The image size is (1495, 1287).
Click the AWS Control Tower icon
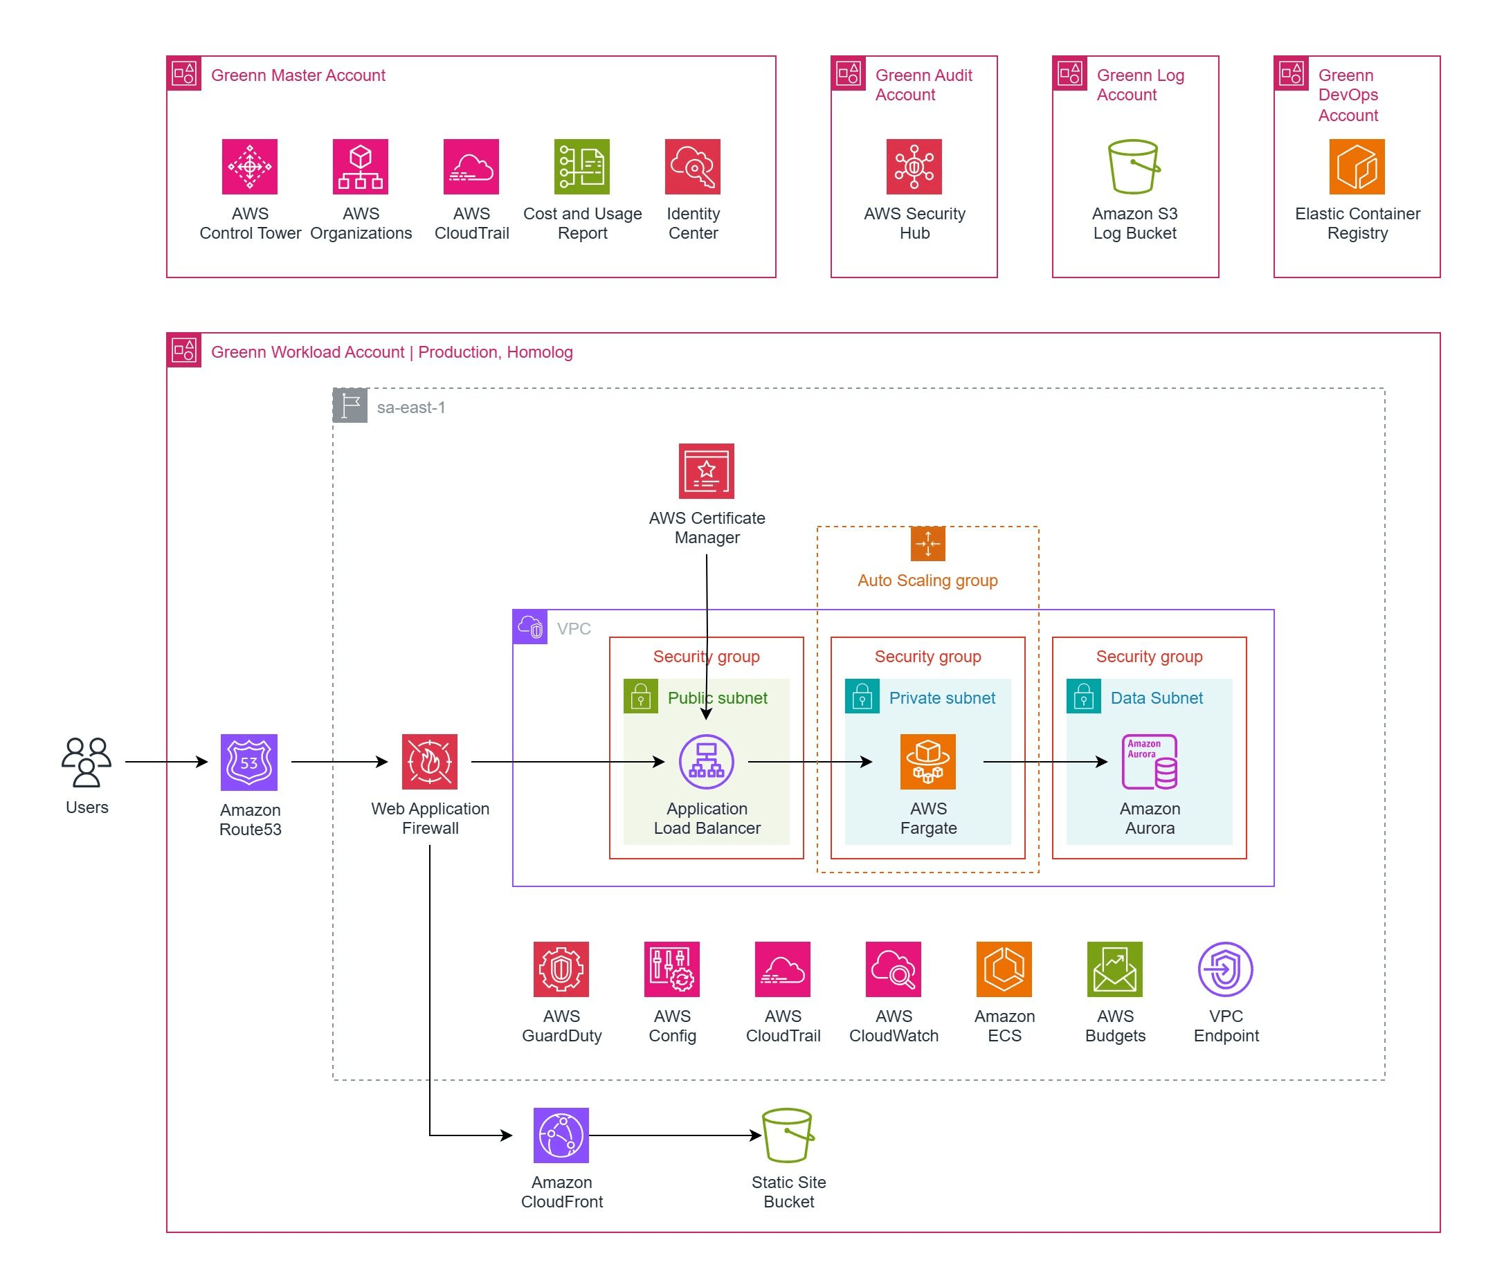pyautogui.click(x=250, y=167)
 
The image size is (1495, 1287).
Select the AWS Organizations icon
pyautogui.click(x=360, y=167)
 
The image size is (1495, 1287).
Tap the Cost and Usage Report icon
pyautogui.click(x=581, y=167)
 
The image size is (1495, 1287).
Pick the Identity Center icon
pyautogui.click(x=693, y=167)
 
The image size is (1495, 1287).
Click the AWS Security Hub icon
pyautogui.click(x=914, y=167)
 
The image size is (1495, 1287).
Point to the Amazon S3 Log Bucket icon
pyautogui.click(x=1134, y=167)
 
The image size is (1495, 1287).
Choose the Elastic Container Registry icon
pyautogui.click(x=1357, y=167)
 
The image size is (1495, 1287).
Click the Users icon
pyautogui.click(x=87, y=762)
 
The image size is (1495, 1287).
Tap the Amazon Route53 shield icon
pyautogui.click(x=249, y=763)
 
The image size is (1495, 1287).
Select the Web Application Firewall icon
pyautogui.click(x=430, y=762)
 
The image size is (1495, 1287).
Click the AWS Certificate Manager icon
pyautogui.click(x=707, y=471)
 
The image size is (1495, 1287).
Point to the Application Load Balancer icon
pyautogui.click(x=707, y=762)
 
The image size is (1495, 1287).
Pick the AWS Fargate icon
pyautogui.click(x=928, y=762)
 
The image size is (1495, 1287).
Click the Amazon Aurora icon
pyautogui.click(x=1150, y=762)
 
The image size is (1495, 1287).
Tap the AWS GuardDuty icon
pyautogui.click(x=561, y=969)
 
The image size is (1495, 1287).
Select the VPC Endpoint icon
pyautogui.click(x=1225, y=969)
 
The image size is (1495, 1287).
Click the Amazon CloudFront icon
pyautogui.click(x=561, y=1135)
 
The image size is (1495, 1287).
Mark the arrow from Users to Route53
pyautogui.click(x=166, y=762)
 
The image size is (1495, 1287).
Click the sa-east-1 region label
pyautogui.click(x=410, y=408)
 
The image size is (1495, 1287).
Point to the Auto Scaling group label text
pyautogui.click(x=928, y=581)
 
